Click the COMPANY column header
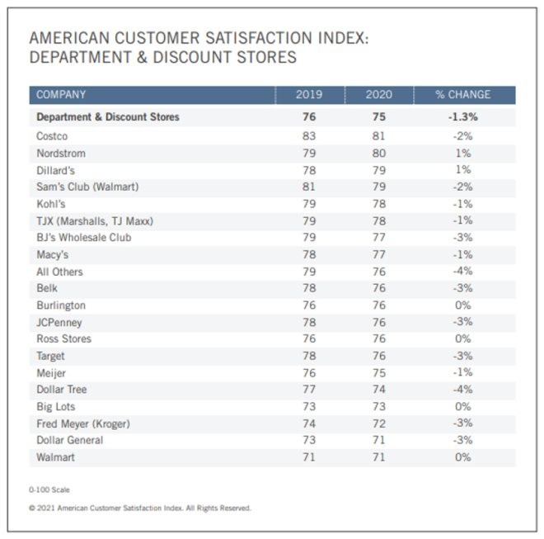[61, 95]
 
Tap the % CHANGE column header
[462, 95]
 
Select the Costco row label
[52, 135]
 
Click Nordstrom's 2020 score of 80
[379, 153]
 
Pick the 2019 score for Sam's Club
[309, 187]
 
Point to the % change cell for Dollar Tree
[462, 390]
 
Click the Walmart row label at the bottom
[55, 456]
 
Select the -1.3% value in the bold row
[462, 117]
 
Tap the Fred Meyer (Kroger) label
[83, 423]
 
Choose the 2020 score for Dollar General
[379, 440]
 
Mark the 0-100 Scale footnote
[49, 489]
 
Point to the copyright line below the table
[140, 508]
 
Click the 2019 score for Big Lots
[309, 406]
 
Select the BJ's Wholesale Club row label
[83, 237]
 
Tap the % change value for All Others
[462, 271]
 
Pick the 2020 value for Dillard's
[379, 170]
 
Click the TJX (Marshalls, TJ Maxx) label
[95, 220]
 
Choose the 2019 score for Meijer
[309, 372]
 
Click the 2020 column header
[379, 95]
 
